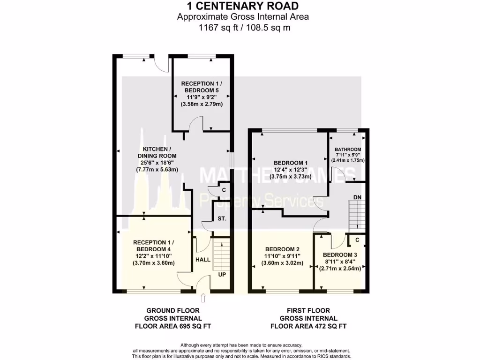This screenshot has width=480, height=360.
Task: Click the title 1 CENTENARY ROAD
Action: click(242, 6)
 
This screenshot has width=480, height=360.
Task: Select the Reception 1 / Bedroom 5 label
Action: click(201, 87)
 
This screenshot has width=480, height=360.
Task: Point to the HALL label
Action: click(202, 259)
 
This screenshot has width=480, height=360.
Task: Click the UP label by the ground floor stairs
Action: click(222, 275)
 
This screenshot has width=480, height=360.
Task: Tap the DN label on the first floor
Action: click(357, 197)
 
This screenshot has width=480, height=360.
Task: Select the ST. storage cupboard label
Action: click(222, 219)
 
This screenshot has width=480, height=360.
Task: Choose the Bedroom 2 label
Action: click(282, 249)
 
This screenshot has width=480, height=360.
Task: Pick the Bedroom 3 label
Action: click(339, 255)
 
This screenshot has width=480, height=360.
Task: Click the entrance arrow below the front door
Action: click(203, 298)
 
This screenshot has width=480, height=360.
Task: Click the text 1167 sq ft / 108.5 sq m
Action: click(242, 28)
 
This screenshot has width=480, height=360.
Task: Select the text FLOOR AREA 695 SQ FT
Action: click(172, 326)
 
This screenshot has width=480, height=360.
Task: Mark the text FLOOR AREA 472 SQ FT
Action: click(308, 326)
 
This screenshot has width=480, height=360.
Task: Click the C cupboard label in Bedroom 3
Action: click(357, 240)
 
